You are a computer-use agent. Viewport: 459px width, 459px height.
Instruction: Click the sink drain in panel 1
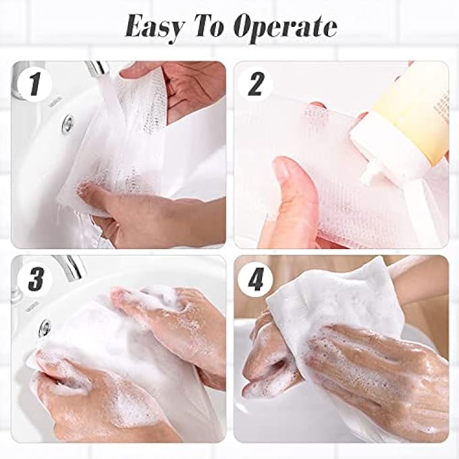[67, 124]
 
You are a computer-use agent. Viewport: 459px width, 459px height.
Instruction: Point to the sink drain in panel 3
[45, 328]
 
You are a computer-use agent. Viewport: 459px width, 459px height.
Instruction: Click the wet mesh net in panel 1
[135, 148]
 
